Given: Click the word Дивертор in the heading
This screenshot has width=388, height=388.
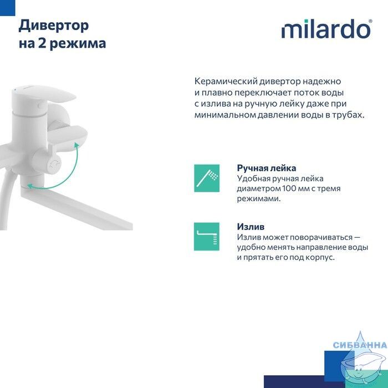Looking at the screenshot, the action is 54,26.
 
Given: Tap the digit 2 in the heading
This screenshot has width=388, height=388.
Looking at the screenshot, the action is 41,43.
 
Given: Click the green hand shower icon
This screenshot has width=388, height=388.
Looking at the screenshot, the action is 207,178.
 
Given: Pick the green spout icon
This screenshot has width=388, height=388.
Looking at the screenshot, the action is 207,237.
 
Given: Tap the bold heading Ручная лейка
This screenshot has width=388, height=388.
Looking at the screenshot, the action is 267,169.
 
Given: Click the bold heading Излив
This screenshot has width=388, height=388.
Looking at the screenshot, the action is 251,227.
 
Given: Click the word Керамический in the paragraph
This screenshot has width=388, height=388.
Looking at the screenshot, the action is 225,81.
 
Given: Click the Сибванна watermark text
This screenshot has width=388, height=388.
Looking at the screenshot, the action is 360,345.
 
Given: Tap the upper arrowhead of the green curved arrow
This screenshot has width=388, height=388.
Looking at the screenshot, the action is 77,145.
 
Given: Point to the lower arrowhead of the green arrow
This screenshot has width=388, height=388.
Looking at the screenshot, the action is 30,186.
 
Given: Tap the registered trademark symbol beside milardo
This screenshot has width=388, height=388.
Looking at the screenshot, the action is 370,22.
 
